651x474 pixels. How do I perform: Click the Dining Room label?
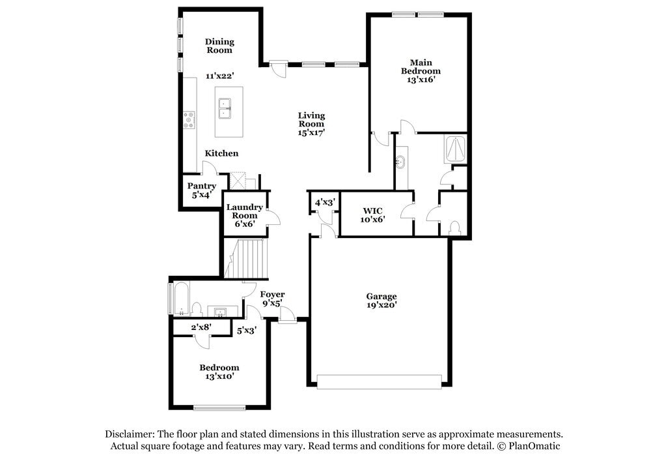point(219,45)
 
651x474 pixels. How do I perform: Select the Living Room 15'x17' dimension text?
point(311,132)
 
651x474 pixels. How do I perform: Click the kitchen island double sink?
point(226,108)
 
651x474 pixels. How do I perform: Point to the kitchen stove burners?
point(189,119)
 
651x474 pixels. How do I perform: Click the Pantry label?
point(202,186)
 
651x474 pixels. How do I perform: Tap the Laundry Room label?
point(245,211)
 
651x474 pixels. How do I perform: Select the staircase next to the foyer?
point(247,258)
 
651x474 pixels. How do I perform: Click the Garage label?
point(381,296)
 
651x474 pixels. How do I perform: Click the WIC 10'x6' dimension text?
point(372,220)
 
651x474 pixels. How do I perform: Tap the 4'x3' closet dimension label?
point(324,203)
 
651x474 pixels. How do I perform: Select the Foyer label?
point(272,295)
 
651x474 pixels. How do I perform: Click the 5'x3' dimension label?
point(246,331)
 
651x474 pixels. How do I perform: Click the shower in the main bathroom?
point(454,149)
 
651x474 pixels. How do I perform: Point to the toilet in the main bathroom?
point(454,228)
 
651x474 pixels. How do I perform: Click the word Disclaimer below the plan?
point(128,434)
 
